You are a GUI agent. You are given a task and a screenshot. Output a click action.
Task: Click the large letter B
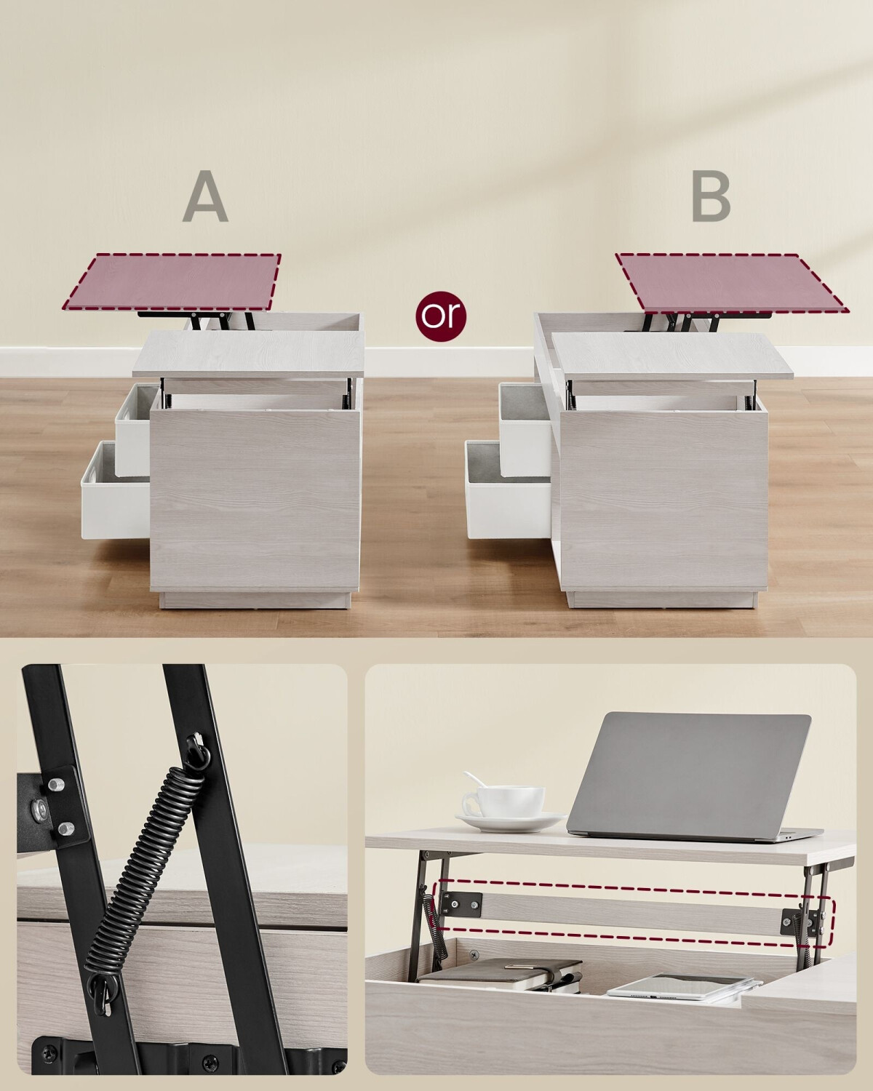coord(711,197)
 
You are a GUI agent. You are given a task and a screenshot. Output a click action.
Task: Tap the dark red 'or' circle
coord(441,316)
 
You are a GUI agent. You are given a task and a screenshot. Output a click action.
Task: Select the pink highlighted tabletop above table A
coord(172,282)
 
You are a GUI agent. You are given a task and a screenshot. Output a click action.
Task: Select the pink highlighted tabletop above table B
coord(732,282)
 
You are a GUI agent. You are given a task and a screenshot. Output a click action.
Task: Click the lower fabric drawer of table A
coord(116,489)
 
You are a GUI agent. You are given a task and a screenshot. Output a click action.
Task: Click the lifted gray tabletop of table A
coord(249,354)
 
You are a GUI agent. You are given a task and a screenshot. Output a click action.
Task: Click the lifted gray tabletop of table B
coord(672,356)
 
